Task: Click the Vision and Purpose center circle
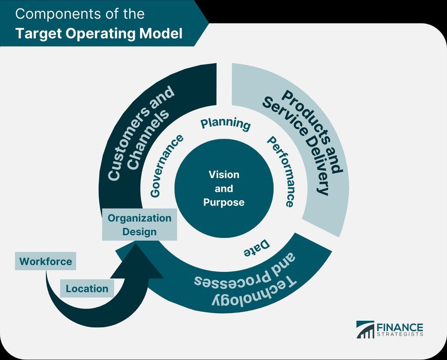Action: (x=223, y=189)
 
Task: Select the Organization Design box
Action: (x=139, y=224)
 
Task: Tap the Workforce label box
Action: (x=45, y=261)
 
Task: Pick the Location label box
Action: (x=87, y=288)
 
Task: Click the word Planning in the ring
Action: (x=225, y=123)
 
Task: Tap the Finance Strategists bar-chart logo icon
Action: (x=365, y=329)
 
